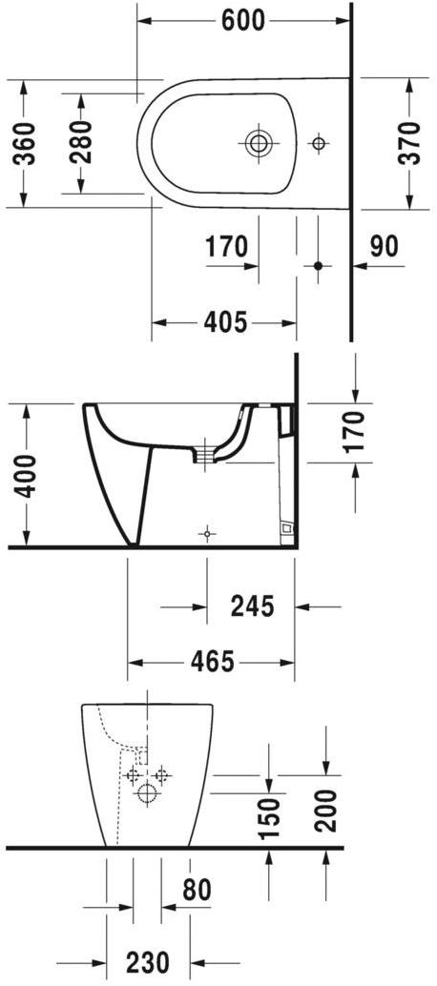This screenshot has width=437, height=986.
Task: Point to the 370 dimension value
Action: click(x=409, y=142)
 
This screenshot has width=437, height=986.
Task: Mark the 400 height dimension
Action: click(x=25, y=475)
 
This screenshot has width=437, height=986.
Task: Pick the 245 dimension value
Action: click(x=253, y=605)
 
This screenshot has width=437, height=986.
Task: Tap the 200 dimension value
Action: click(x=326, y=811)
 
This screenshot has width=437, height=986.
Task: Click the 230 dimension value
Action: click(x=147, y=960)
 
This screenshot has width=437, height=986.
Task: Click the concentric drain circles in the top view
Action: click(x=258, y=145)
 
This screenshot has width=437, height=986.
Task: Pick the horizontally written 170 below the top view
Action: click(x=227, y=247)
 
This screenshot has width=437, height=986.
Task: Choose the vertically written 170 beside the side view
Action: click(x=355, y=430)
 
